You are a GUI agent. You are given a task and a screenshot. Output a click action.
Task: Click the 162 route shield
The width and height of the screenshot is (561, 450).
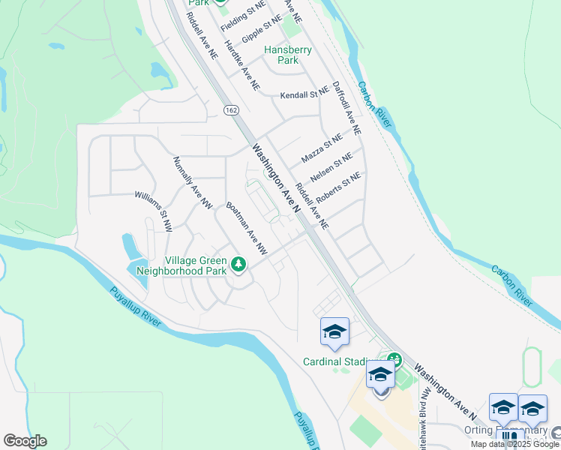point(230,110)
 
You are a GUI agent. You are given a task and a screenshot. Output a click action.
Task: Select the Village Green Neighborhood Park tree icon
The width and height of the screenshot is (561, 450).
point(238,264)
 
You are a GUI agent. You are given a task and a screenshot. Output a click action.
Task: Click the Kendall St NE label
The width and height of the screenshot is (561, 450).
point(304,95)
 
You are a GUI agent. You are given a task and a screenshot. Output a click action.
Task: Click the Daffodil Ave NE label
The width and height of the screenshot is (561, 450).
point(346,108)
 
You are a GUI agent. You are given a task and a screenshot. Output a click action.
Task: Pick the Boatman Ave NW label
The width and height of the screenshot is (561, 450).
point(247,226)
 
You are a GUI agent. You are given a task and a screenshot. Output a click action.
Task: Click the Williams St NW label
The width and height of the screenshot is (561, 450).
point(153,210)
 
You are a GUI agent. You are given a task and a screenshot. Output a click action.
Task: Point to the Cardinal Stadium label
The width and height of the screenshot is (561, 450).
point(337,361)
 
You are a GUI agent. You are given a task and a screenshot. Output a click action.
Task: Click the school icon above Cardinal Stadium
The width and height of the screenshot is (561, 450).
point(334,331)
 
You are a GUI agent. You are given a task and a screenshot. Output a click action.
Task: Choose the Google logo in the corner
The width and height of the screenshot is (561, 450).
point(25,441)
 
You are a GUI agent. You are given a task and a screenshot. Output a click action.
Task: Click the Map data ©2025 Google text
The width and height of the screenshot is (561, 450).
point(515,444)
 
